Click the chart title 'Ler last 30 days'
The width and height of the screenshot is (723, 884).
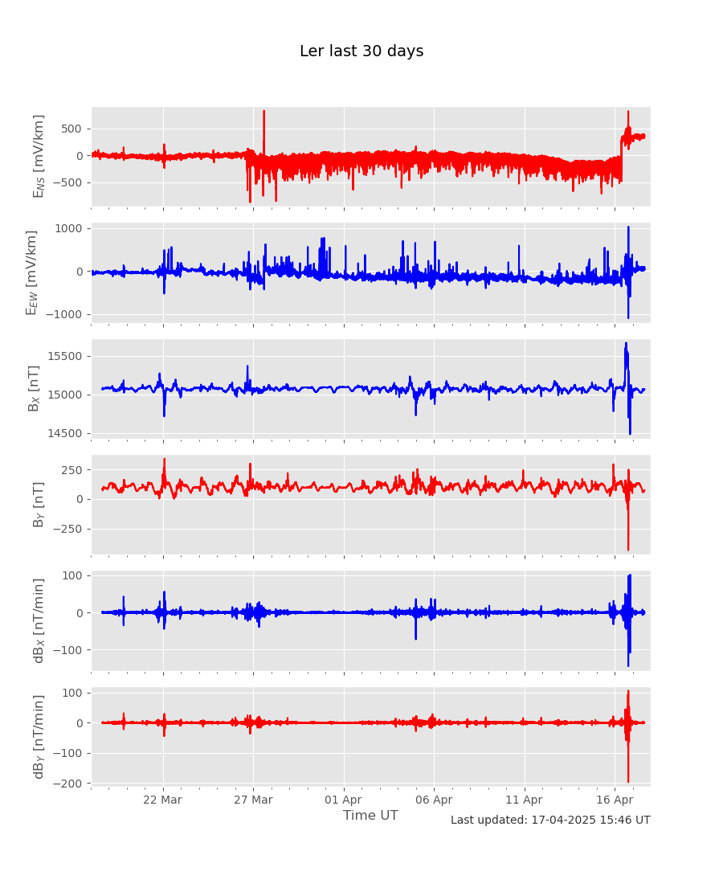pyautogui.click(x=361, y=51)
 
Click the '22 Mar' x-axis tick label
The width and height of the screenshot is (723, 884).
pyautogui.click(x=164, y=800)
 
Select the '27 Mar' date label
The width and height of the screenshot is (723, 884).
pyautogui.click(x=254, y=800)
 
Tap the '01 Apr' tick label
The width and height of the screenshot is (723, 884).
pyautogui.click(x=344, y=800)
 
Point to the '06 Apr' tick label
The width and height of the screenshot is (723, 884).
pyautogui.click(x=435, y=800)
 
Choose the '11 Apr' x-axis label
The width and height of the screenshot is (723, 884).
pyautogui.click(x=525, y=800)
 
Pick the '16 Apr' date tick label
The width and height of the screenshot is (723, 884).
pyautogui.click(x=615, y=800)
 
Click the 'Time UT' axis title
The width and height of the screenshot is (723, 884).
pyautogui.click(x=370, y=816)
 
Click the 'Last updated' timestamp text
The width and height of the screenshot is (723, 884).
pyautogui.click(x=550, y=821)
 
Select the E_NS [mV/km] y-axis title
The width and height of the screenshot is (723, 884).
pyautogui.click(x=39, y=156)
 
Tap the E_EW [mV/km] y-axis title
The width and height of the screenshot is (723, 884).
pyautogui.click(x=32, y=272)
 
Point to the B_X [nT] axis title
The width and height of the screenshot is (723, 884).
pyautogui.click(x=34, y=388)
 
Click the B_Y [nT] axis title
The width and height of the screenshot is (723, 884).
pyautogui.click(x=39, y=505)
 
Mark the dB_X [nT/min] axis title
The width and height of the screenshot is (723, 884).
pyautogui.click(x=39, y=620)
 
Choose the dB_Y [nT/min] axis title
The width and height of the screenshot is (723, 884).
pyautogui.click(x=39, y=736)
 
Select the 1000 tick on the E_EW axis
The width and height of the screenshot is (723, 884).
pyautogui.click(x=69, y=228)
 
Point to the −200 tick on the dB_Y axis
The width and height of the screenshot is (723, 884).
pyautogui.click(x=67, y=783)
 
